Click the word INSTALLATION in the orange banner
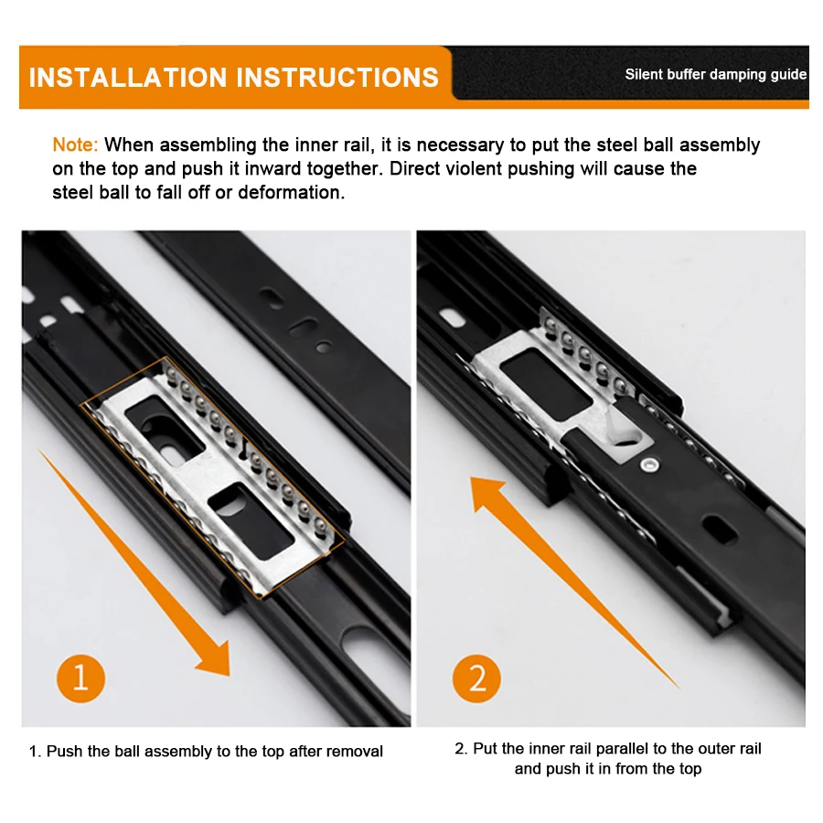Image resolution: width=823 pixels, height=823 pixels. (127, 78)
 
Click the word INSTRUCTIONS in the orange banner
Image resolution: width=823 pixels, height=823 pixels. (337, 78)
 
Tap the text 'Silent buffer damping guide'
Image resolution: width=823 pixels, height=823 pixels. (715, 75)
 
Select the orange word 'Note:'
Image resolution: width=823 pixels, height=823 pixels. (75, 144)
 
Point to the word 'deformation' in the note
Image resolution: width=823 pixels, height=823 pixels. (292, 193)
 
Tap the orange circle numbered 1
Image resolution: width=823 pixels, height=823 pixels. (80, 679)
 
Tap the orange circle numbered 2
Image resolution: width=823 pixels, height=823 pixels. (476, 679)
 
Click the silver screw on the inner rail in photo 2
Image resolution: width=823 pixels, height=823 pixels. (650, 465)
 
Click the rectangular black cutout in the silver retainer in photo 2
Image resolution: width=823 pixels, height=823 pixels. (546, 385)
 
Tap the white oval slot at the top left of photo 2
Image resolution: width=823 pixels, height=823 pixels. (452, 317)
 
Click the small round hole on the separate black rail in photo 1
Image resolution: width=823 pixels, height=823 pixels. (324, 347)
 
